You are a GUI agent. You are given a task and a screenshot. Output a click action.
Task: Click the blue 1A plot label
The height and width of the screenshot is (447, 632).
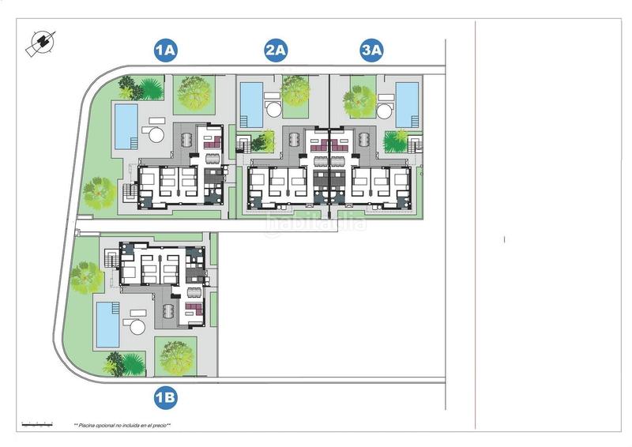165,51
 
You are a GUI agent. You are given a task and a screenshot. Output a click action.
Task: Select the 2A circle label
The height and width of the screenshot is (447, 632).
276,51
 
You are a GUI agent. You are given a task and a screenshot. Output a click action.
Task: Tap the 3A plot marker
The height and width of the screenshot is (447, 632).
371,51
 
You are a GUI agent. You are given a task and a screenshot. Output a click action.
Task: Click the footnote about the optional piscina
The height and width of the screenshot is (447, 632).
122,426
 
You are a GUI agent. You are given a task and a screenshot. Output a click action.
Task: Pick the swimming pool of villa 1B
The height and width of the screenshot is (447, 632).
107,325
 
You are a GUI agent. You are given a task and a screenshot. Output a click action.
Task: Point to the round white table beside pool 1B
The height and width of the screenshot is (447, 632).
137,327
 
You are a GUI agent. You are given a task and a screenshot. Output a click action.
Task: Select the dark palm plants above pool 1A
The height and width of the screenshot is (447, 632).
131,88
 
